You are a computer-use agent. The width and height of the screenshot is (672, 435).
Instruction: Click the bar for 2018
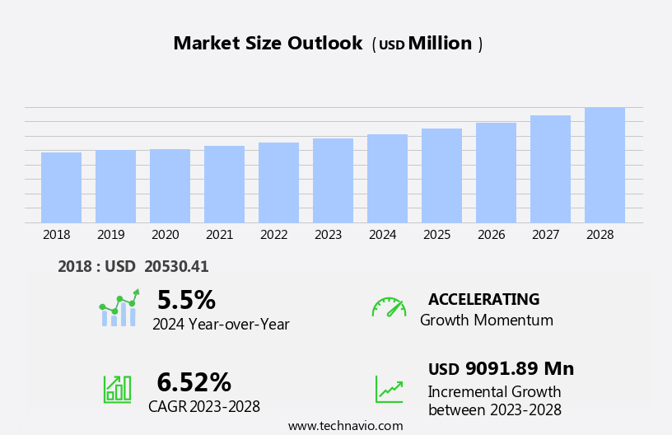tap(61, 188)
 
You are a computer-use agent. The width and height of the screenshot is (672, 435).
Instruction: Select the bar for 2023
tap(333, 180)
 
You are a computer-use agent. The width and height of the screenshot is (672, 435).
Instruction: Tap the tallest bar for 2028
tap(604, 165)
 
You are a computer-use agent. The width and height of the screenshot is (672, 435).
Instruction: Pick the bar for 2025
tap(441, 175)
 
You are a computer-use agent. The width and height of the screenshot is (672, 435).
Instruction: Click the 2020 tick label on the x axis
tap(165, 235)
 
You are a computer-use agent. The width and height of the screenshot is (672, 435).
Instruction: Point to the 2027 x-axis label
tap(545, 235)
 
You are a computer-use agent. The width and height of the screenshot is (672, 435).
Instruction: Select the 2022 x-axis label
tap(273, 235)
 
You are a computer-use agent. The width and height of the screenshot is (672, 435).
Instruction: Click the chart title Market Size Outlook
tap(268, 44)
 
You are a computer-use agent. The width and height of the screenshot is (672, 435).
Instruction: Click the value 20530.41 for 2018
tap(176, 266)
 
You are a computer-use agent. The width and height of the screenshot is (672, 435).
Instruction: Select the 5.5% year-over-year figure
tap(186, 300)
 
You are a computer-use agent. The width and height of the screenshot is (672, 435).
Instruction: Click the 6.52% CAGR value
tap(194, 382)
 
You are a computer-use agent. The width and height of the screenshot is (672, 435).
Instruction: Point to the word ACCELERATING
tap(483, 299)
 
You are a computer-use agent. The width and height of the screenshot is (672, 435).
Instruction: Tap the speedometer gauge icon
tap(389, 307)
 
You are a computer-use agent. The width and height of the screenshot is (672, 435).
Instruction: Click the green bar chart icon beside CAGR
tap(117, 388)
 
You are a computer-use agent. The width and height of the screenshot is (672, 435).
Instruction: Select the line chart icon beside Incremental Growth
tap(389, 389)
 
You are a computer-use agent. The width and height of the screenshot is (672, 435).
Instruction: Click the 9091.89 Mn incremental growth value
tap(519, 368)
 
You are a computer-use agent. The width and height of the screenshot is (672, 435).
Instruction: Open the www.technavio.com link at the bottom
tap(345, 426)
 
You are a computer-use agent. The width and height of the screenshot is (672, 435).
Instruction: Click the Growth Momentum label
tap(486, 320)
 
